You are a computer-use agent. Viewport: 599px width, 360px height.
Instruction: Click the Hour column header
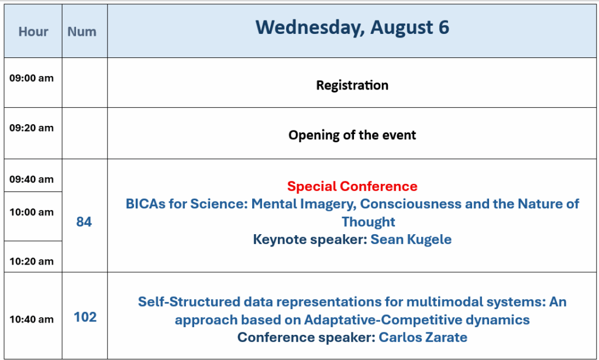coord(33,32)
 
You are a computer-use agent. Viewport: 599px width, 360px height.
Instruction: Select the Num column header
coord(82,32)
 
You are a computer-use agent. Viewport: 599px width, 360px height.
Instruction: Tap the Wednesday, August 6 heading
coord(352,28)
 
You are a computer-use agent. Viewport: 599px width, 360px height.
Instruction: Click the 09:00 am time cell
coord(32,78)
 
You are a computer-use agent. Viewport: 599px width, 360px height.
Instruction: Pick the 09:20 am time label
coord(32,128)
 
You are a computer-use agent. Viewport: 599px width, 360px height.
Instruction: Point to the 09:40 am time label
coord(32,179)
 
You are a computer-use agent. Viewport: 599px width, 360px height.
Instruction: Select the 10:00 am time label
coord(32,212)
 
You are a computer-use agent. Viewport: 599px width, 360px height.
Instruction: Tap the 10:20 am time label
coord(32,261)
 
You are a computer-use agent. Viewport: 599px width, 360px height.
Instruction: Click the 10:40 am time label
coord(32,319)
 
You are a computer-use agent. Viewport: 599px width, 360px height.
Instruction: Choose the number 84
coord(84,222)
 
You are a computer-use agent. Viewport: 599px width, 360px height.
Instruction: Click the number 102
coord(85,317)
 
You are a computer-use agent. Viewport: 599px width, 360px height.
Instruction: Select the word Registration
coord(352,85)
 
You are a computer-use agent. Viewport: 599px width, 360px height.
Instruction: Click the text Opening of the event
coord(352,135)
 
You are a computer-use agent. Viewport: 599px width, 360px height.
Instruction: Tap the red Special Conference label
coord(352,186)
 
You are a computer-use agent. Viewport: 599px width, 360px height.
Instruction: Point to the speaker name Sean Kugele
coord(411,239)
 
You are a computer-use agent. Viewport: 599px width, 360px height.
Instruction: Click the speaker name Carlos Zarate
coord(423,337)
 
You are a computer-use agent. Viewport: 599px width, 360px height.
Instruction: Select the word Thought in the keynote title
coord(369,222)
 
